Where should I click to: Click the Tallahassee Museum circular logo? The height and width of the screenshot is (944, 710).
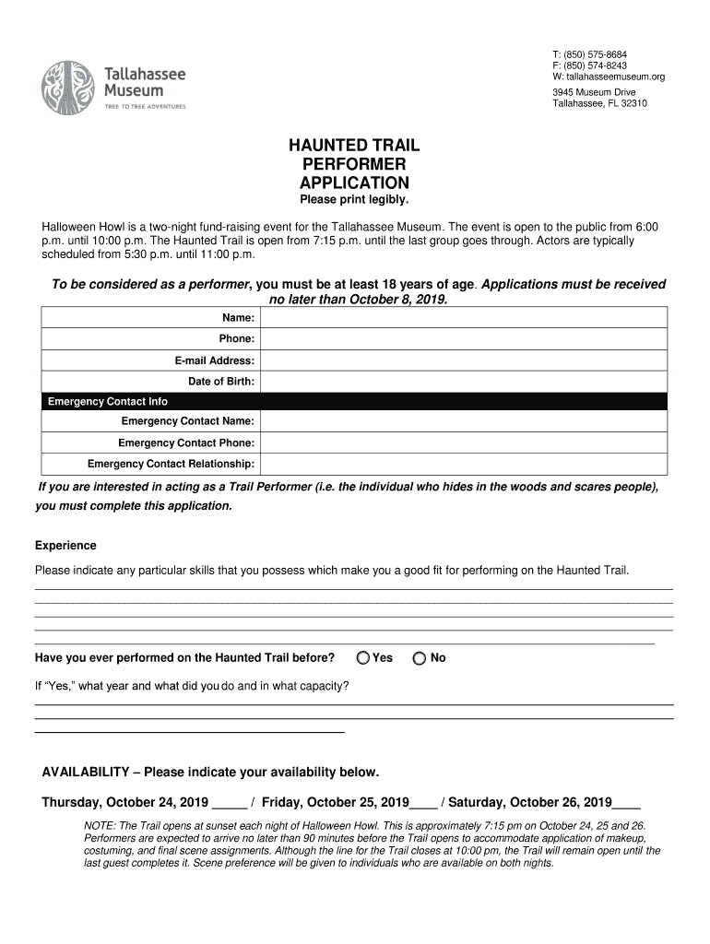pyautogui.click(x=67, y=88)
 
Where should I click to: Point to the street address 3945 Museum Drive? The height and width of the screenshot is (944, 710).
pyautogui.click(x=594, y=92)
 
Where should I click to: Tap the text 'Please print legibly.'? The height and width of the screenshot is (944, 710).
pyautogui.click(x=354, y=200)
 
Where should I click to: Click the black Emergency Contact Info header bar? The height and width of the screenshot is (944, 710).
pyautogui.click(x=354, y=401)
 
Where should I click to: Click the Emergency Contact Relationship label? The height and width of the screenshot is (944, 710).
pyautogui.click(x=171, y=464)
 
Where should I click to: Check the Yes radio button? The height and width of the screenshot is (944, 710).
pyautogui.click(x=364, y=657)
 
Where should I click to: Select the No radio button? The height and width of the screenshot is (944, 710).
pyautogui.click(x=420, y=657)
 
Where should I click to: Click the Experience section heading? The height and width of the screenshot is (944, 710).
pyautogui.click(x=65, y=546)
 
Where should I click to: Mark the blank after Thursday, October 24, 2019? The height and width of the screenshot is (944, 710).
pyautogui.click(x=228, y=803)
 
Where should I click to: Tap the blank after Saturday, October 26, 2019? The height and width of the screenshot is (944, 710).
pyautogui.click(x=626, y=803)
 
